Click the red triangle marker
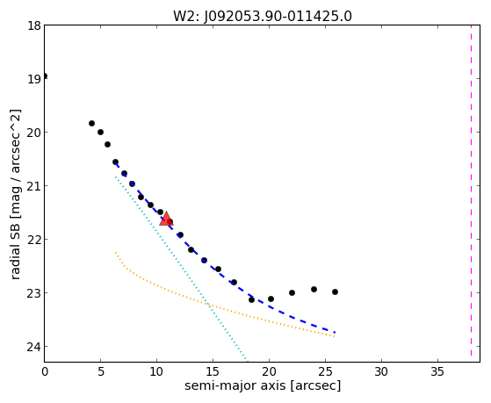point(166,219)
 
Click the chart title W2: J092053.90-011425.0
point(263,17)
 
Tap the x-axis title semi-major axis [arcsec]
point(263,385)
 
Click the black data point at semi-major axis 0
point(45,76)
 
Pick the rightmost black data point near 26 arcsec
point(335,291)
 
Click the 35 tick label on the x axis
point(437,371)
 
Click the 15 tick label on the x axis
point(213,371)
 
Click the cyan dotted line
point(181,270)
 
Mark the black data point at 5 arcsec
point(100,133)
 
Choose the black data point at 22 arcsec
point(292,292)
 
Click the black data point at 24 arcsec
point(314,290)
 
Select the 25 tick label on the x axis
point(325,371)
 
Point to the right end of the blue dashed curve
point(335,332)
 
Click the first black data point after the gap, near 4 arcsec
point(91,124)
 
